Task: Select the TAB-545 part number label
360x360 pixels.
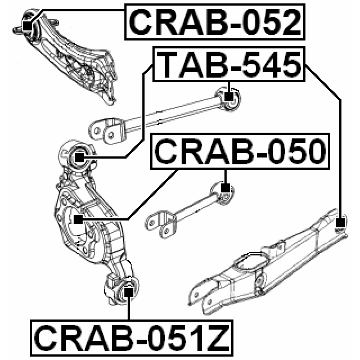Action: tap(229, 64)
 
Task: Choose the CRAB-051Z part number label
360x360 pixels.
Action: tap(132, 337)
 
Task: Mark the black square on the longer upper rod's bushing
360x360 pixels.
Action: tap(228, 96)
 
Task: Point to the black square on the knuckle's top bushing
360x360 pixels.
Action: tap(79, 157)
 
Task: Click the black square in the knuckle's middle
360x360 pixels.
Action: tap(78, 217)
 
